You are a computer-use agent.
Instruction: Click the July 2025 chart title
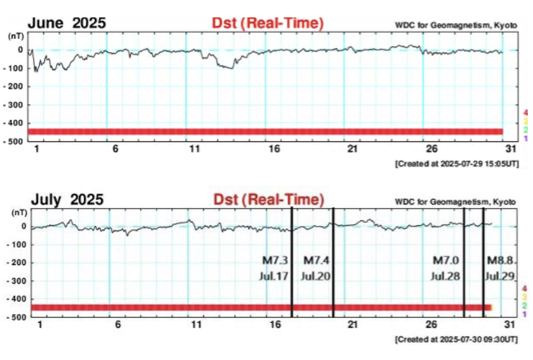tap(67, 200)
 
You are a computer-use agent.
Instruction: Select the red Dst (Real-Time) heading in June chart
tap(268, 24)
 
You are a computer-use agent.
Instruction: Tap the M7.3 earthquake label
tap(274, 259)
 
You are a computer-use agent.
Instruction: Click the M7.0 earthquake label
tap(446, 259)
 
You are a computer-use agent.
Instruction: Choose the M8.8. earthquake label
tap(500, 259)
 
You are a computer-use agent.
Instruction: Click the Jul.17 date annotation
tap(274, 276)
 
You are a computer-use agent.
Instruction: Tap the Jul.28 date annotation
tap(446, 276)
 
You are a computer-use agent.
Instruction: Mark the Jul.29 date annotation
tap(500, 276)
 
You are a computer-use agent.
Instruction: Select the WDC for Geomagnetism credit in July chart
tap(455, 202)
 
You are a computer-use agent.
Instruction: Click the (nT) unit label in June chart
tap(16, 37)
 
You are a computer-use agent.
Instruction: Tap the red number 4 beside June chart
tap(526, 112)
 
